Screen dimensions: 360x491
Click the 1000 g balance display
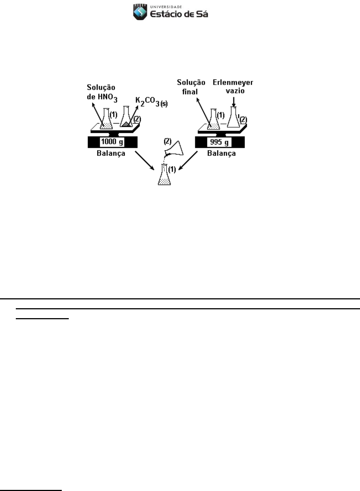[x=112, y=142]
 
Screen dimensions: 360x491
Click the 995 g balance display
[x=219, y=142]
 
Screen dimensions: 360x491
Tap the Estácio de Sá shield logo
[x=140, y=12]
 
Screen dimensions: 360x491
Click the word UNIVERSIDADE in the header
[x=166, y=7]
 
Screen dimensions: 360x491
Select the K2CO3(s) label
[x=152, y=102]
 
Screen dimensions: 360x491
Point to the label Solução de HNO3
[x=102, y=93]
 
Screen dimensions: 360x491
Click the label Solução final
[x=191, y=87]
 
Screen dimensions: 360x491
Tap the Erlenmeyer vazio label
[x=233, y=86]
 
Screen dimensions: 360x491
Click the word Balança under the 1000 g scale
[x=111, y=153]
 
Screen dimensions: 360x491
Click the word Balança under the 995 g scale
[x=221, y=153]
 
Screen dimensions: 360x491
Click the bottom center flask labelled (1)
[x=164, y=175]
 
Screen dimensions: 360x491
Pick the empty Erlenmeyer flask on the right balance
[x=234, y=117]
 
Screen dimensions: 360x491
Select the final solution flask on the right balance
[x=214, y=119]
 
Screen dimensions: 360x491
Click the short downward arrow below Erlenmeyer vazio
[x=234, y=102]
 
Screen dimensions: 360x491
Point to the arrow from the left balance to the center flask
[x=145, y=160]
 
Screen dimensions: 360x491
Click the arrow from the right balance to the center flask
[x=188, y=160]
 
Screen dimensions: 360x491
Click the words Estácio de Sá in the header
[x=179, y=14]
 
